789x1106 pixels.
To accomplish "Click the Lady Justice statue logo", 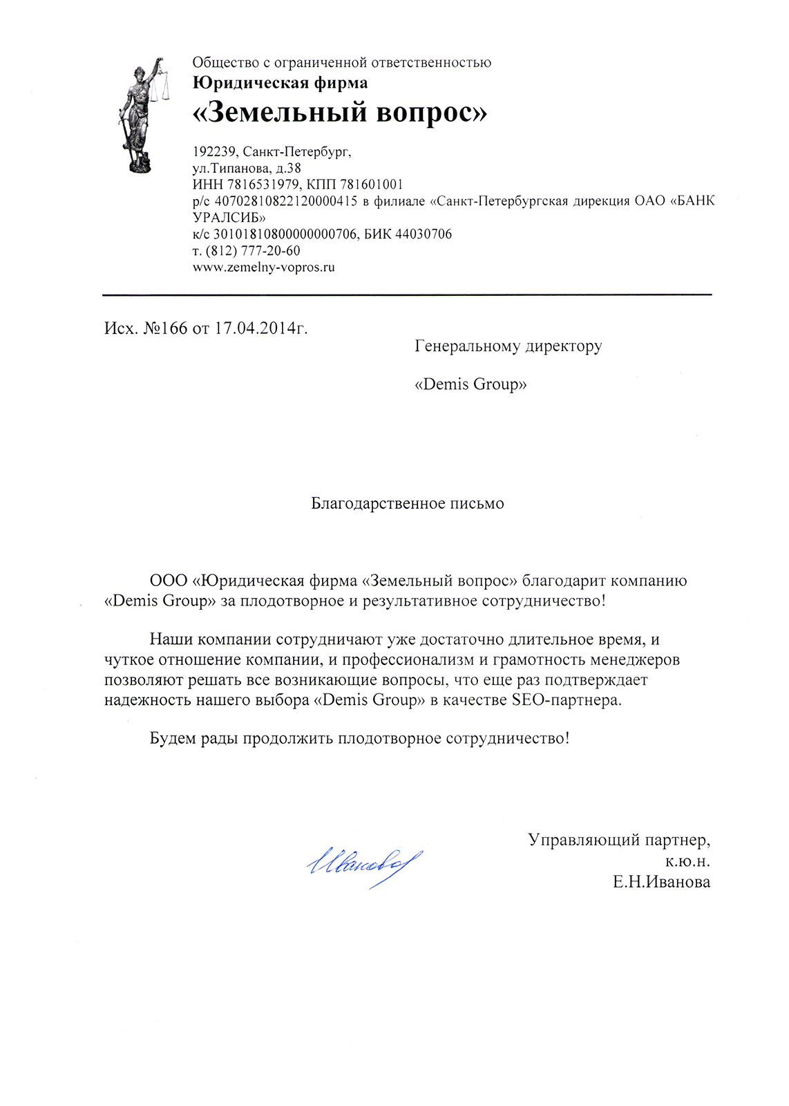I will pyautogui.click(x=142, y=114).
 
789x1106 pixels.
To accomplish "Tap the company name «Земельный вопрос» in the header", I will pyautogui.click(x=339, y=112).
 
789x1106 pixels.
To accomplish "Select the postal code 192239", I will pyautogui.click(x=215, y=151).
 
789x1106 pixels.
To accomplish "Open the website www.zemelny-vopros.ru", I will pyautogui.click(x=263, y=267).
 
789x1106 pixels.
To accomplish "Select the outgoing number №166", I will pyautogui.click(x=165, y=328).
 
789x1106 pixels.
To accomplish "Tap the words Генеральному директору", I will pyautogui.click(x=508, y=345).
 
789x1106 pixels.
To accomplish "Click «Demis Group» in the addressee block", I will pyautogui.click(x=470, y=384).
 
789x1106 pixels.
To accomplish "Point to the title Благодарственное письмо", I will pyautogui.click(x=407, y=503).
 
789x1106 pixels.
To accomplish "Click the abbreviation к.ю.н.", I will pyautogui.click(x=687, y=861).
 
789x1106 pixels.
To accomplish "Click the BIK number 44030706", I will pyautogui.click(x=423, y=234).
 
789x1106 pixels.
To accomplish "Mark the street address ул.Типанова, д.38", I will pyautogui.click(x=246, y=168).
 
